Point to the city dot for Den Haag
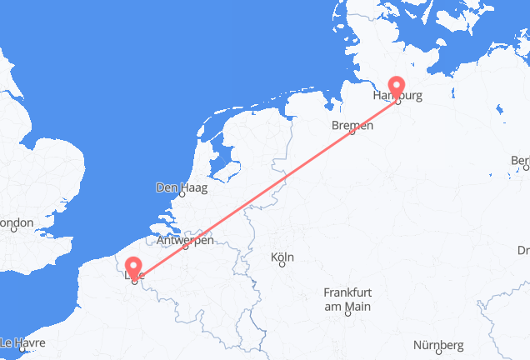(182, 197)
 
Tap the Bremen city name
(352, 125)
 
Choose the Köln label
(282, 257)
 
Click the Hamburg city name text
(398, 97)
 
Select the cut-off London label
(16, 223)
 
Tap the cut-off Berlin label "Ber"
(520, 161)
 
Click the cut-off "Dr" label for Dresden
(522, 250)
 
